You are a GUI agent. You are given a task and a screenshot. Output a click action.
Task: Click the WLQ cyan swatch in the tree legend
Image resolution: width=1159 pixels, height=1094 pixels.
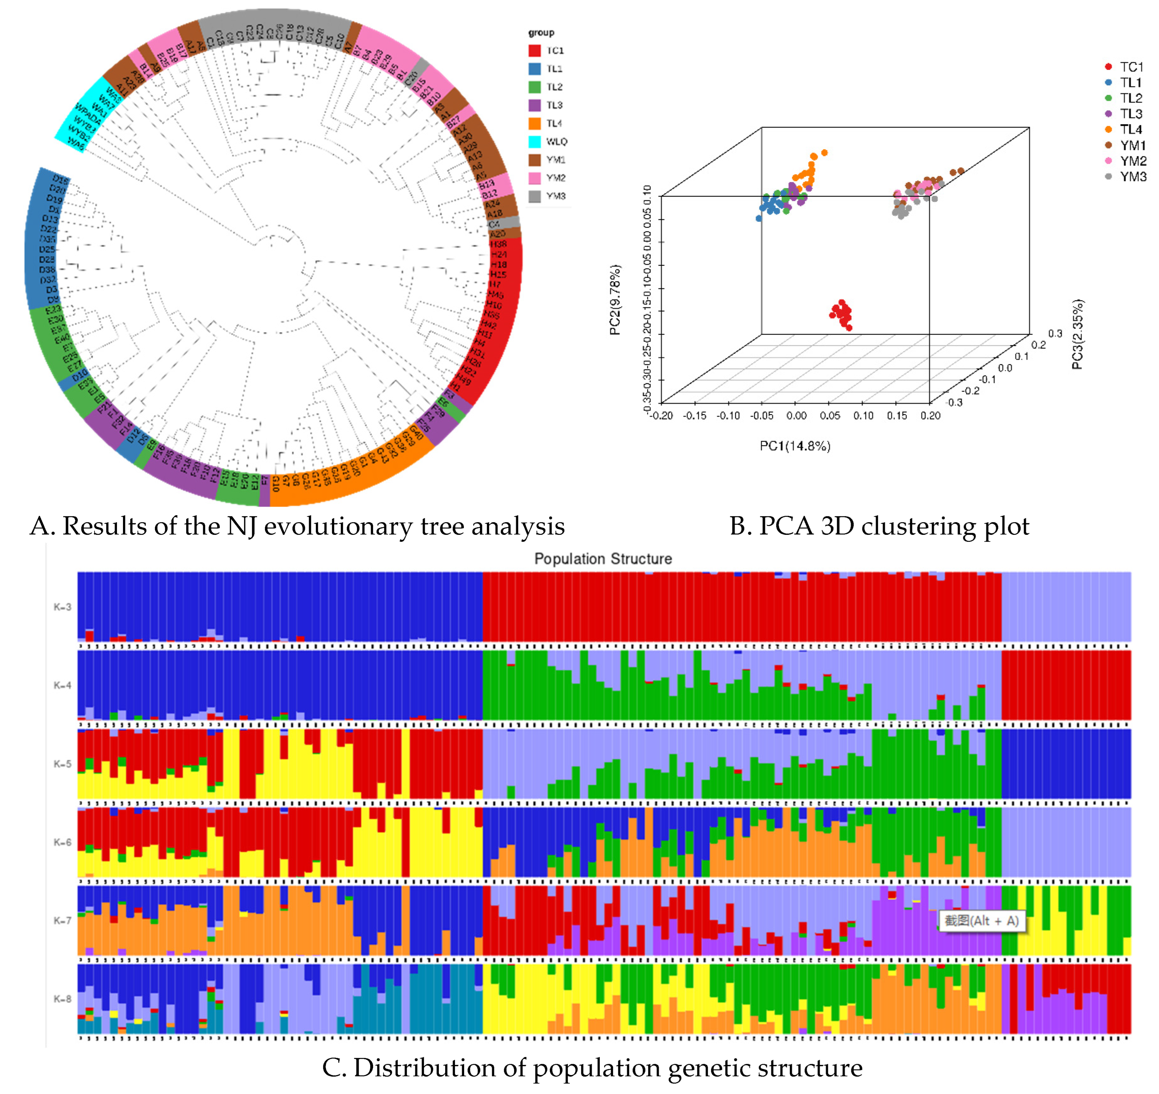[x=534, y=142]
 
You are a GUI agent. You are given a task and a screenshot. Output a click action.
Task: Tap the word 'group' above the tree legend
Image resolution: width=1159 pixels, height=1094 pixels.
[x=541, y=33]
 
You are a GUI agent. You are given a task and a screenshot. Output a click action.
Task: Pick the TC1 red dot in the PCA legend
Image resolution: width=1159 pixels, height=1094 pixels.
[x=1108, y=67]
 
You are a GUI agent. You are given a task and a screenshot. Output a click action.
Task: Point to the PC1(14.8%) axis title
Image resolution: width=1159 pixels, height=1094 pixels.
[x=794, y=446]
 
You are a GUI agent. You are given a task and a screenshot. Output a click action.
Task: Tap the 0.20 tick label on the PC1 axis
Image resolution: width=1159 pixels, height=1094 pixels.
[x=930, y=416]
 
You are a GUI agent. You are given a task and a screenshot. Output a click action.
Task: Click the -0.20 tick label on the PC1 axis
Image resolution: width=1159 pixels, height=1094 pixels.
[x=661, y=416]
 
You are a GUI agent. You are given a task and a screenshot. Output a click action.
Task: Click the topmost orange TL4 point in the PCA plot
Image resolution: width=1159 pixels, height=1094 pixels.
[x=824, y=153]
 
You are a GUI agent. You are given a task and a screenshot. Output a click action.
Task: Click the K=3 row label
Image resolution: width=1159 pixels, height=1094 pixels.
[x=63, y=607]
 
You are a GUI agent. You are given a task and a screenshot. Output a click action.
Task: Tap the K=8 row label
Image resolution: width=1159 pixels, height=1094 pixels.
[x=63, y=999]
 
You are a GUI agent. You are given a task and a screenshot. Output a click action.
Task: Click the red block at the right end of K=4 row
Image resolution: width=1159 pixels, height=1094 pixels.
[x=1066, y=685]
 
